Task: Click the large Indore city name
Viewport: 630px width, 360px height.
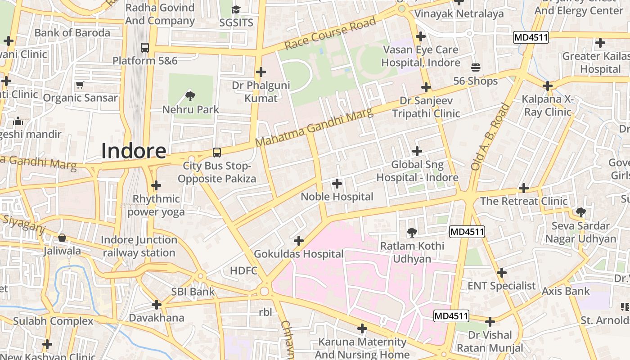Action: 134,151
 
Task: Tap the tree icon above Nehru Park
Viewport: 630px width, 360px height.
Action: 190,95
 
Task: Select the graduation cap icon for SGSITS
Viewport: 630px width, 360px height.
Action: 236,9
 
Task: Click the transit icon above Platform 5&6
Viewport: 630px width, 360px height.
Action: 144,47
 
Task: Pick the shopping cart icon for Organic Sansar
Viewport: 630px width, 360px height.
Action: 80,85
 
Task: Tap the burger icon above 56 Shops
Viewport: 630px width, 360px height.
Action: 476,67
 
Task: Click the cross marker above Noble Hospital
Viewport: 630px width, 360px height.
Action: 337,183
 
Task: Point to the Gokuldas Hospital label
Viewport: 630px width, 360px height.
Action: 298,254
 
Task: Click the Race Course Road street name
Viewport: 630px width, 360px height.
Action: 330,34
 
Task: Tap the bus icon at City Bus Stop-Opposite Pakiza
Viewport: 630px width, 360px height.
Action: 216,153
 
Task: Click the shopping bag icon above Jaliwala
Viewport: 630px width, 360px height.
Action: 62,238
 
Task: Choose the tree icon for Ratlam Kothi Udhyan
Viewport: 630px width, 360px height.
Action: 411,233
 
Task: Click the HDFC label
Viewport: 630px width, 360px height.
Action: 243,270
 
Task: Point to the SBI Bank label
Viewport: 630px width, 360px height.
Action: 193,292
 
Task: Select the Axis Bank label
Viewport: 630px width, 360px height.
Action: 565,291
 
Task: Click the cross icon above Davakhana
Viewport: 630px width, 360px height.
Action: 156,305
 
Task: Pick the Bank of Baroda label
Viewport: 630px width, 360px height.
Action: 72,33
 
